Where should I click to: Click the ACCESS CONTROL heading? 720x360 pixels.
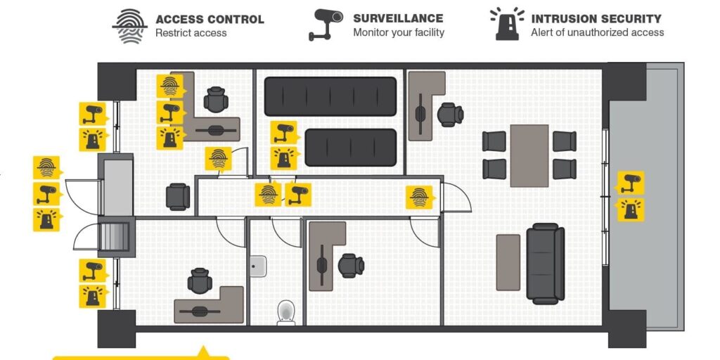pos(210,19)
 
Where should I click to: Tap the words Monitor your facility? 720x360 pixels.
pos(399,32)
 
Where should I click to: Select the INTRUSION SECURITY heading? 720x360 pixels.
pos(596,19)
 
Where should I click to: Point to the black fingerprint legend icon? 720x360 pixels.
pos(129,25)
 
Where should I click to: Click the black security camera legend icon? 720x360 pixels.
pos(326,25)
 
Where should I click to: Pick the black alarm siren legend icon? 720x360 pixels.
pos(507,25)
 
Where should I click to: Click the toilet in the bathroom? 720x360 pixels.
pos(286,311)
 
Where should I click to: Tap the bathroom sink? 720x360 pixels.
pos(258,265)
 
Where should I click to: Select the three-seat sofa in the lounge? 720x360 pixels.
pos(546,263)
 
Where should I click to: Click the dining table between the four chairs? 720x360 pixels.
pos(529,155)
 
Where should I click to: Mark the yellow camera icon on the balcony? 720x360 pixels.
pos(630,182)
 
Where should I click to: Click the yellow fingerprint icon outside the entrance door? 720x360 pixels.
pos(46,167)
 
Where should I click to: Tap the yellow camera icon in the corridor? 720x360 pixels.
pos(297,194)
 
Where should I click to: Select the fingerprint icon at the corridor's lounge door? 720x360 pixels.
pos(419,197)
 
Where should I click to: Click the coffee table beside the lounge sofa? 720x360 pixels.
pos(508,262)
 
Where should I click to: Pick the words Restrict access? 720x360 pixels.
pos(191,32)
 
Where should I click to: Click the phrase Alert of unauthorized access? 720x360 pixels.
pos(597,32)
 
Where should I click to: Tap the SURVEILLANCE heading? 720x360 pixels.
pos(398,18)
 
